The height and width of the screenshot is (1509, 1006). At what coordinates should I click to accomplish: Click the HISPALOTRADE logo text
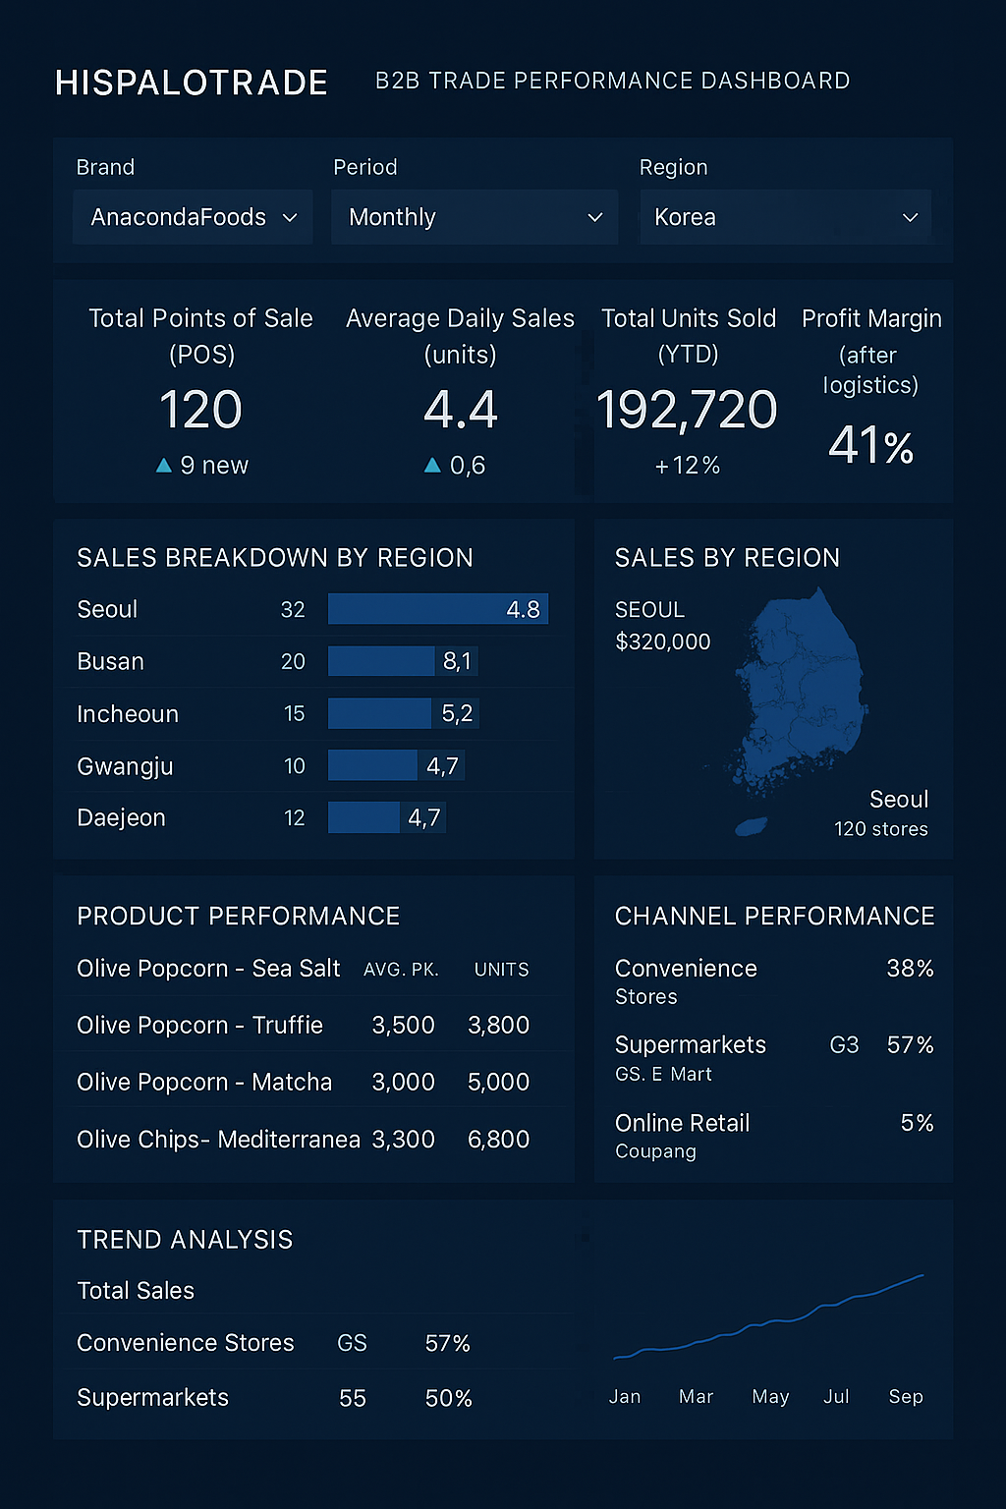[192, 83]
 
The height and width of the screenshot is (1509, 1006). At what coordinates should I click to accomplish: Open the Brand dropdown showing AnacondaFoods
[193, 217]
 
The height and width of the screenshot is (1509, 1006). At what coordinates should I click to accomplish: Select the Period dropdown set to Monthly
[475, 217]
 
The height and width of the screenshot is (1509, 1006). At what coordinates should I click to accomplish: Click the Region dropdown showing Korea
[785, 217]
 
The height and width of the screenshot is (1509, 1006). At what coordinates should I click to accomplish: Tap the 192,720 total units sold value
[687, 410]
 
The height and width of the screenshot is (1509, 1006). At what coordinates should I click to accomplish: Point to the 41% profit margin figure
[870, 445]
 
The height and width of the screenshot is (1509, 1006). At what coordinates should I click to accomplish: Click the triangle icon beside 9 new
[164, 466]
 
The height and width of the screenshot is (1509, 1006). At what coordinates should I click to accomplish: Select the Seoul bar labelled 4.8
[437, 609]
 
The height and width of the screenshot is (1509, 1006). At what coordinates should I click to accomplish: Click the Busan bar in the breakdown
[381, 661]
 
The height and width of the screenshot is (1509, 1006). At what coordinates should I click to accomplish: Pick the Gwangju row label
[125, 766]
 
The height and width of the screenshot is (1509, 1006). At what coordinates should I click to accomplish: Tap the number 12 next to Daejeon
[294, 818]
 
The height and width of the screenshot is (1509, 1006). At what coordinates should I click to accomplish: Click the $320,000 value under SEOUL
[662, 643]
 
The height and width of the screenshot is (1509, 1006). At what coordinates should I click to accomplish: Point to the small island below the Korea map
[752, 827]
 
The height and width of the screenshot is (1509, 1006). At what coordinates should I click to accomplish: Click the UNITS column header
[501, 970]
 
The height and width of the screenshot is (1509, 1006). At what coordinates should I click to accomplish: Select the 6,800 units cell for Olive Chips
[498, 1140]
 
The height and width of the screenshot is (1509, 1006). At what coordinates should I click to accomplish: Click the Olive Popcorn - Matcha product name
[204, 1083]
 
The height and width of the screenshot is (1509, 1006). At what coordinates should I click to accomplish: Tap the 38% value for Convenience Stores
[910, 969]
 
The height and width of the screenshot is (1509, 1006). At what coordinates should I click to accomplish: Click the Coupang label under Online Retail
[655, 1151]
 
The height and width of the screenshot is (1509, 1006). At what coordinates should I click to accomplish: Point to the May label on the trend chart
[770, 1397]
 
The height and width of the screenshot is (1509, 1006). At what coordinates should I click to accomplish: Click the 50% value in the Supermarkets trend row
[448, 1398]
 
